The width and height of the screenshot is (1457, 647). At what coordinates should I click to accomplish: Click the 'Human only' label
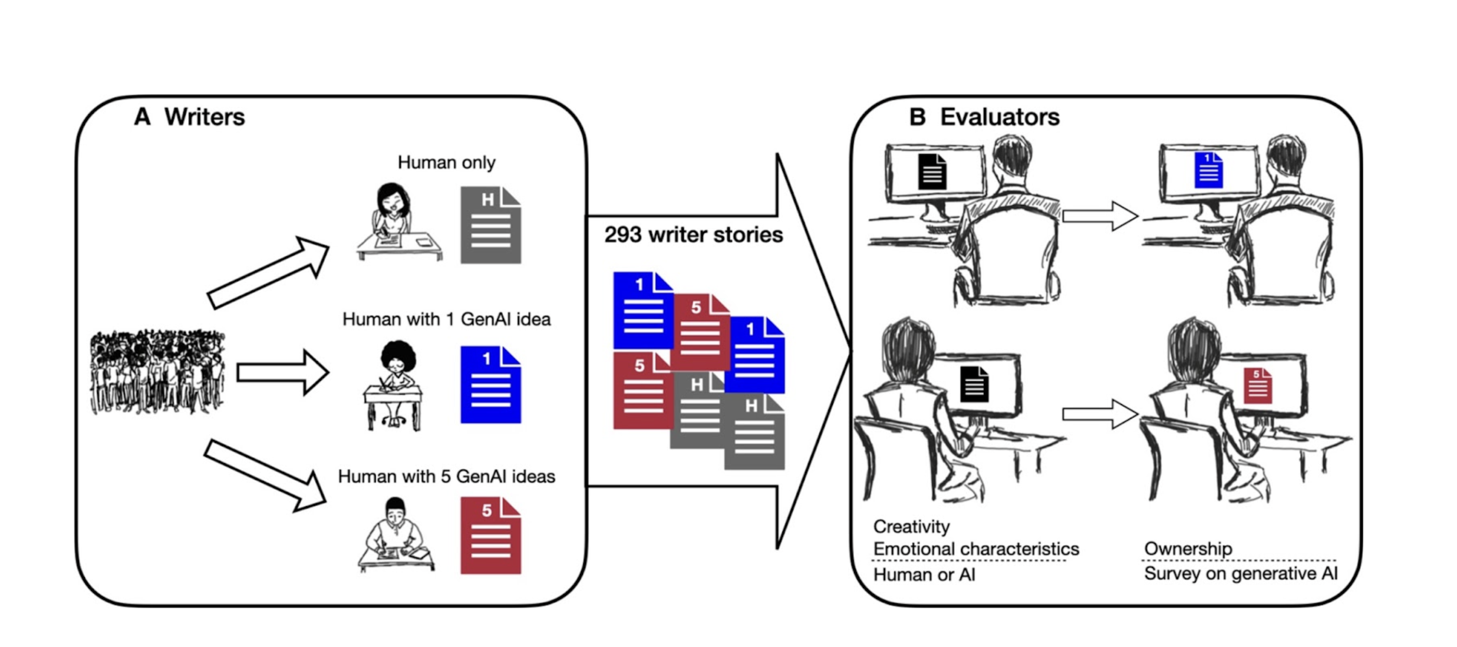tap(446, 162)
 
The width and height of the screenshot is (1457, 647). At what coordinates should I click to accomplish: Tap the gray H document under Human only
tap(490, 225)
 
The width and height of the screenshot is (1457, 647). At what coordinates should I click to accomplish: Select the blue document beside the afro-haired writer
tap(490, 385)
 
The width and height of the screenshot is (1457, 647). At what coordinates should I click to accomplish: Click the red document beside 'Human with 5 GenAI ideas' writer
tap(490, 536)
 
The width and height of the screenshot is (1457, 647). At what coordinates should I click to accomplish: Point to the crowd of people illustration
tap(157, 372)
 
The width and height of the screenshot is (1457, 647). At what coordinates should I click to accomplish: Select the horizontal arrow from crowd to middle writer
tap(282, 372)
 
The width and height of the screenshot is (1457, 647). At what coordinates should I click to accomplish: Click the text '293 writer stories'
tap(693, 235)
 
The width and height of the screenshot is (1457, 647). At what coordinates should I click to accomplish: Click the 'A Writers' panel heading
tap(189, 117)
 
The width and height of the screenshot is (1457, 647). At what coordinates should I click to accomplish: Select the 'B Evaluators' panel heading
tap(984, 117)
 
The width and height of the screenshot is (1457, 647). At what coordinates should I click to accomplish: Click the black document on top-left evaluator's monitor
tap(932, 171)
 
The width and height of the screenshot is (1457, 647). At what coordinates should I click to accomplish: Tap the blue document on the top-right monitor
tap(1208, 170)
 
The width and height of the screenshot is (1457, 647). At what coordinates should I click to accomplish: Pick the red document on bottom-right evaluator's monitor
tap(1257, 386)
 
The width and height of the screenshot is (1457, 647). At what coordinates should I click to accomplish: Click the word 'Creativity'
tap(911, 526)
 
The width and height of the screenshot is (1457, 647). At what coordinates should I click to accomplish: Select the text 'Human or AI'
tap(924, 575)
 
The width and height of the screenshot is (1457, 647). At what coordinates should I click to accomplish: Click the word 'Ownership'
tap(1188, 549)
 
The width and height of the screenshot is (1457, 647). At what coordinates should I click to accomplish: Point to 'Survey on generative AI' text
tap(1240, 573)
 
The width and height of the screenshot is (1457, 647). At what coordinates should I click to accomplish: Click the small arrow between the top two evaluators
tap(1099, 216)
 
